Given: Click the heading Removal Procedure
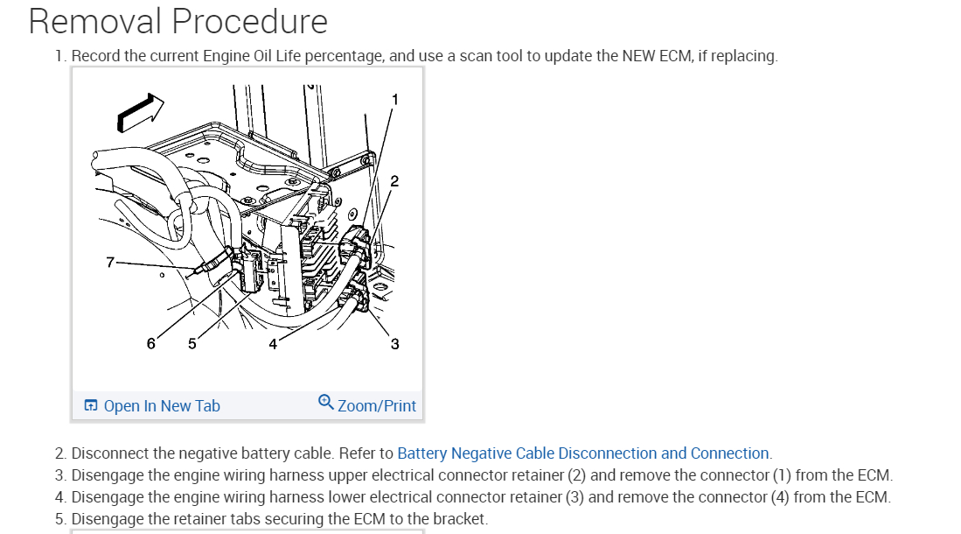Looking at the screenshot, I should point(178,21).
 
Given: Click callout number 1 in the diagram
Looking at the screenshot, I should point(394,100).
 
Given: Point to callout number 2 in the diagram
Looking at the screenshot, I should point(394,181).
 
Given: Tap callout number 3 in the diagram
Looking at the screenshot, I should point(394,344).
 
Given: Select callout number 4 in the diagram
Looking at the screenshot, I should point(273,344).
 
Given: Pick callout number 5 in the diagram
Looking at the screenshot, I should point(192,344).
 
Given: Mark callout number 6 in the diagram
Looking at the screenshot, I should point(151,344).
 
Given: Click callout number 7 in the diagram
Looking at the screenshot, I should point(110,262).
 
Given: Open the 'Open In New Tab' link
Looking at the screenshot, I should point(162,406).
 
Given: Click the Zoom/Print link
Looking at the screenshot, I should point(377,406).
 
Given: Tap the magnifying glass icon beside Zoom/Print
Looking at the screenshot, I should point(325,403).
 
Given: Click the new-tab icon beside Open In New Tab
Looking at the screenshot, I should point(91,406).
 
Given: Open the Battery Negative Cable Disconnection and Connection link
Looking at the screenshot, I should point(583,453).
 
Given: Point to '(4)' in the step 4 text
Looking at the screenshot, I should point(780,497).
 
